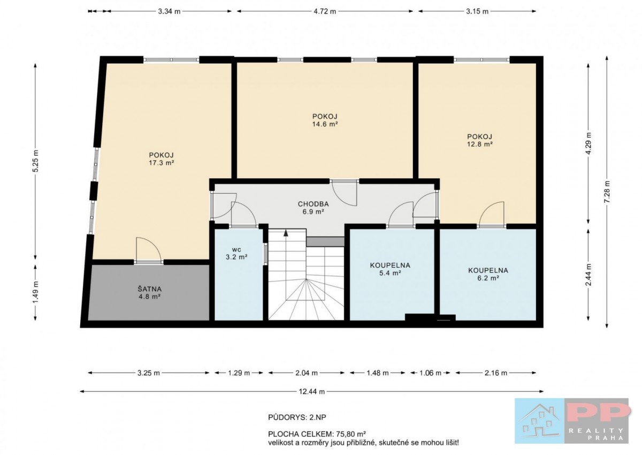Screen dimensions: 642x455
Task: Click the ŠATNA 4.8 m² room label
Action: click(149, 293)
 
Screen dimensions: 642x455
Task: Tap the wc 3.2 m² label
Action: click(236, 253)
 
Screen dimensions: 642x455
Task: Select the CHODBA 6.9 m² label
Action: click(313, 208)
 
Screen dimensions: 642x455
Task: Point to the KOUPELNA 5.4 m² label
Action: click(390, 269)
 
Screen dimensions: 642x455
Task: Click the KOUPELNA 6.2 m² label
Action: click(488, 274)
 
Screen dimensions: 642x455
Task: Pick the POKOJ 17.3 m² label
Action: click(162, 159)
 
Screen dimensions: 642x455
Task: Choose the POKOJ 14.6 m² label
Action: click(325, 120)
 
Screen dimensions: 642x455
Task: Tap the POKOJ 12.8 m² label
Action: click(480, 140)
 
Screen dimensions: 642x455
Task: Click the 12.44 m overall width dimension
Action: click(312, 391)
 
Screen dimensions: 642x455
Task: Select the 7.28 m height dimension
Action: click(607, 192)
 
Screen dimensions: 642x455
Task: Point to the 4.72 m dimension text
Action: click(325, 11)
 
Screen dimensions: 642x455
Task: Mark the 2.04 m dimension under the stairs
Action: click(307, 373)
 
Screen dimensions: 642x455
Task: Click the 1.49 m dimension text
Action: click(35, 292)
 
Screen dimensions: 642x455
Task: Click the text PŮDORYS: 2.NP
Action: click(297, 418)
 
